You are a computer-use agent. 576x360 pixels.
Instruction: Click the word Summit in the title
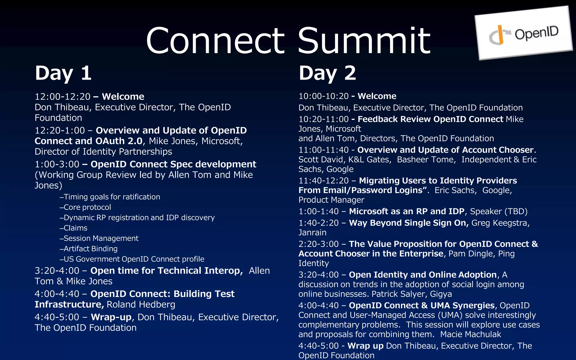tap(364, 41)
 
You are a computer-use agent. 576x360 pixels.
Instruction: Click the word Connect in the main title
tap(215, 41)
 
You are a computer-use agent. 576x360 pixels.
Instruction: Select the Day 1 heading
tap(63, 73)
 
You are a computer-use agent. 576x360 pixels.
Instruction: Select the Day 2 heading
tap(327, 73)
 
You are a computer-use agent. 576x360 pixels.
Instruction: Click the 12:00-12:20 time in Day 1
tap(62, 97)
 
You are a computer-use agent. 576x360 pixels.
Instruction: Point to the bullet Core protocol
tap(87, 207)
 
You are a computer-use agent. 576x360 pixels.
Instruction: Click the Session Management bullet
tap(101, 238)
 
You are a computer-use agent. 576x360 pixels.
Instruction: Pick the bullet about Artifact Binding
tap(90, 249)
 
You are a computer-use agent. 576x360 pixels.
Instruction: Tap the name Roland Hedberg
tap(141, 305)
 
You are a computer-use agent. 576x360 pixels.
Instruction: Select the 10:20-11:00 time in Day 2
tap(323, 119)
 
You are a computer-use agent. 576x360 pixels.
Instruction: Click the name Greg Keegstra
tap(500, 223)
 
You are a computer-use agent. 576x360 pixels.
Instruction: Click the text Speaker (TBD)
tap(499, 211)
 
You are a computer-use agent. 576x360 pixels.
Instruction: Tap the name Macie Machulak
tap(471, 334)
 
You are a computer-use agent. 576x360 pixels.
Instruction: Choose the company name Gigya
tap(441, 294)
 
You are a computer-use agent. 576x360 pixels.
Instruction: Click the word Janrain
tap(312, 233)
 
